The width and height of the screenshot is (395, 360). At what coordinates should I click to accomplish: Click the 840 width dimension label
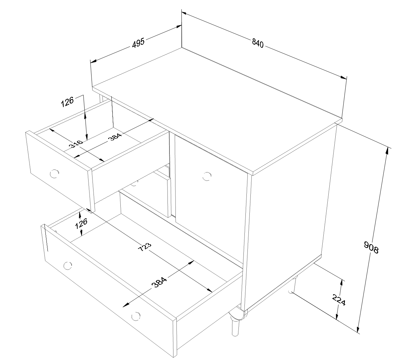(258, 43)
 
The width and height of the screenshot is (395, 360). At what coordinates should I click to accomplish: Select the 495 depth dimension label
(138, 42)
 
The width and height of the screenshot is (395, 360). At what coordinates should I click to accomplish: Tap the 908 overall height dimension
(371, 247)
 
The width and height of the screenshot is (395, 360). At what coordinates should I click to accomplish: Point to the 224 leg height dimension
(339, 299)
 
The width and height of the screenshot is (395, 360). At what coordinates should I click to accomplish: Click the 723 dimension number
(145, 247)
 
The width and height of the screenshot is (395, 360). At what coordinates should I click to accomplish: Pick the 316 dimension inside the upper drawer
(76, 143)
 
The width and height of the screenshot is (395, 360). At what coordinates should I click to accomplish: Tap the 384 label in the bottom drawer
(159, 282)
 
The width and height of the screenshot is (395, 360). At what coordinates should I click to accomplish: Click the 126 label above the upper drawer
(67, 102)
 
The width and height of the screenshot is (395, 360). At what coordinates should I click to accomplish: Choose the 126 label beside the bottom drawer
(81, 223)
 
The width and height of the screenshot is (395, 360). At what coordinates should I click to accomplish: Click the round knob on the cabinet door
(207, 176)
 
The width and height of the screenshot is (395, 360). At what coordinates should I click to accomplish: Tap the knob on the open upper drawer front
(54, 174)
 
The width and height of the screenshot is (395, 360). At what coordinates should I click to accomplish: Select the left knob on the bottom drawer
(68, 265)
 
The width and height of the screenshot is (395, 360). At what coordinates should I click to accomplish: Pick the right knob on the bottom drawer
(136, 316)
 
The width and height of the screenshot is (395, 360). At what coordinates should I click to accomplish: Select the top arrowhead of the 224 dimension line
(341, 283)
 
